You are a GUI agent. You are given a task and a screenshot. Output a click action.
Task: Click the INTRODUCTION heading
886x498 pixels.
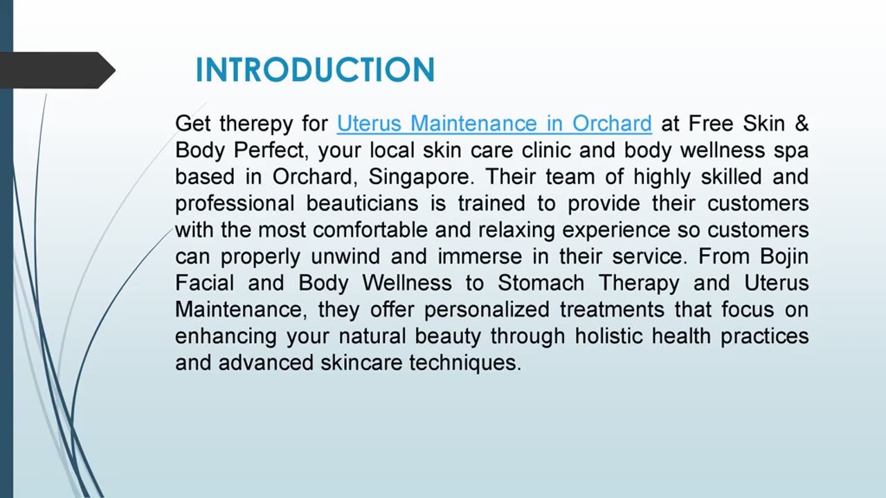[x=315, y=71]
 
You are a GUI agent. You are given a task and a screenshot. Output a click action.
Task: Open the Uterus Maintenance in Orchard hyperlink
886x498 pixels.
[x=494, y=124]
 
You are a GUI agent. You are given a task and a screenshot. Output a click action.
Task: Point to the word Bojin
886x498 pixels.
[x=784, y=257]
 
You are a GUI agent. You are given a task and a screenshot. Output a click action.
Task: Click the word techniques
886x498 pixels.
[x=464, y=362]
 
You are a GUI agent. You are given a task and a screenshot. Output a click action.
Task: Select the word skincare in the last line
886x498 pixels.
[x=361, y=362]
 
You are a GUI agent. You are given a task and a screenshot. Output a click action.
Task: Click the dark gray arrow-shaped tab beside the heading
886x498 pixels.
[x=55, y=71]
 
